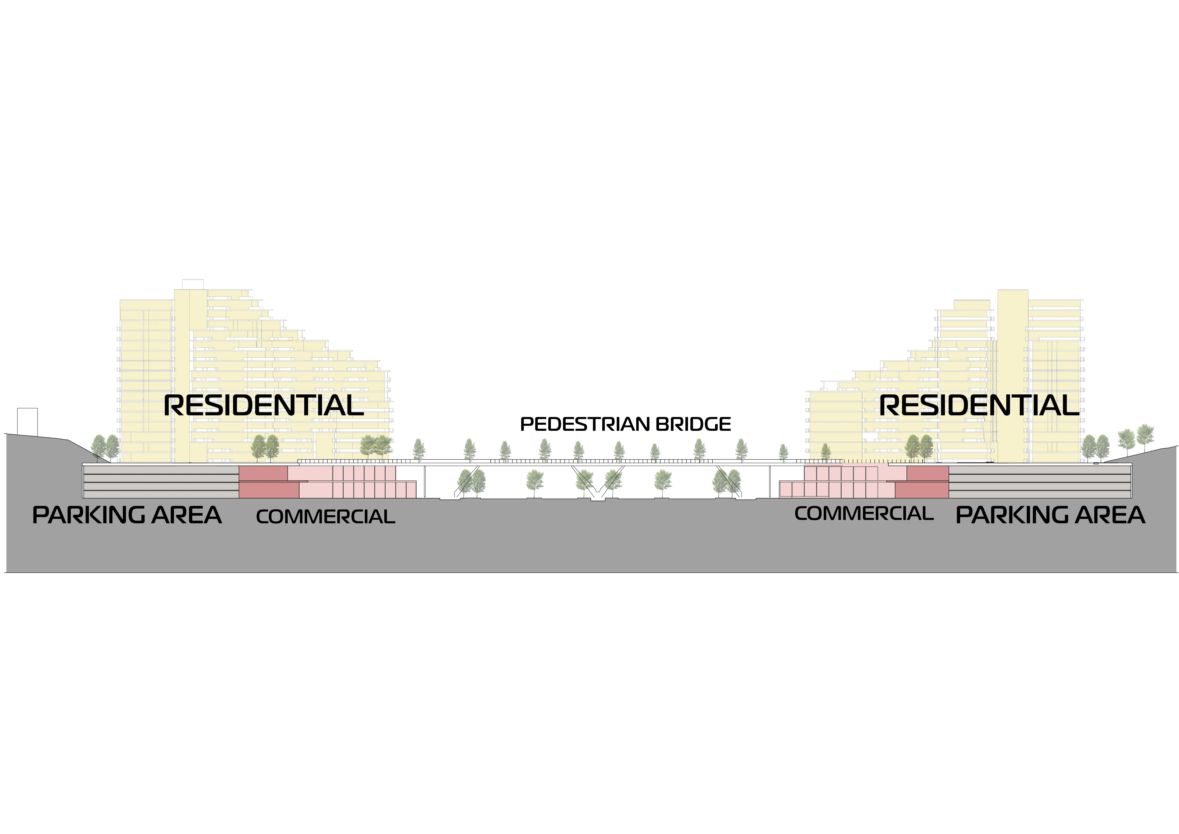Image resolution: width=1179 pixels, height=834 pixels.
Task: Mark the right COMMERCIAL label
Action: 864,514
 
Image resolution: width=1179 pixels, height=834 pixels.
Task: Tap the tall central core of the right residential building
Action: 1013,375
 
